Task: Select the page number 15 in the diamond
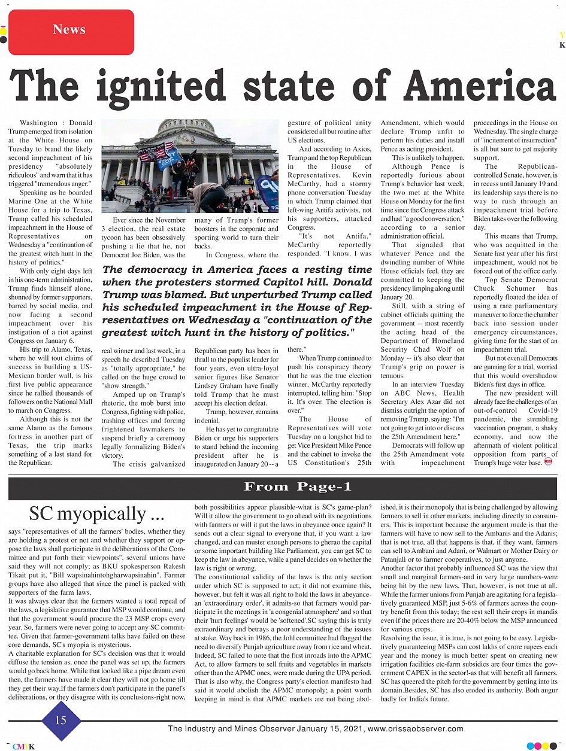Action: [x=61, y=720]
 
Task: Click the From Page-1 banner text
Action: [x=298, y=487]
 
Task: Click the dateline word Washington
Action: [x=39, y=123]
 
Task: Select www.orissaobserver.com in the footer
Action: [x=415, y=729]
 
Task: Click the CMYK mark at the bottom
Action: [x=23, y=746]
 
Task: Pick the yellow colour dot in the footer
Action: [x=546, y=746]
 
